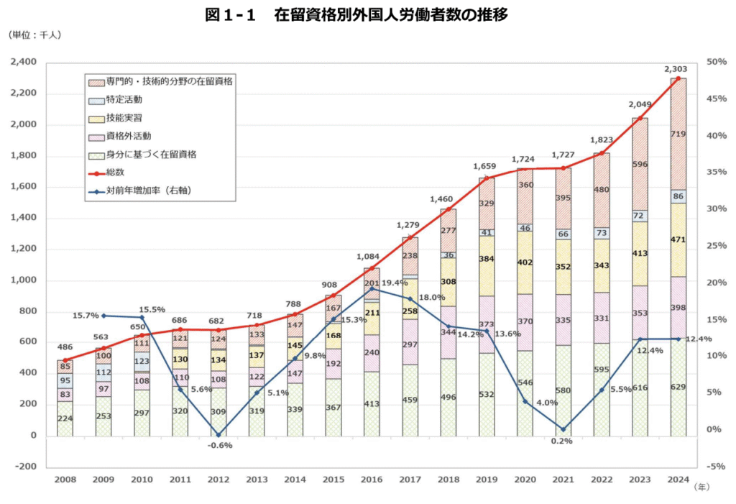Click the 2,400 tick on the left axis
pos(27,63)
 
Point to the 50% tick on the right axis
pos(717,63)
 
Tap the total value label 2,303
pos(678,69)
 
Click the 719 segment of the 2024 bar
pos(678,134)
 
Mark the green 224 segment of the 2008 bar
pos(65,418)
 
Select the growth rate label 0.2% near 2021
pos(562,441)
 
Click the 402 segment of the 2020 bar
pos(525,262)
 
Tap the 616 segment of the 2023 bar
pos(640,388)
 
